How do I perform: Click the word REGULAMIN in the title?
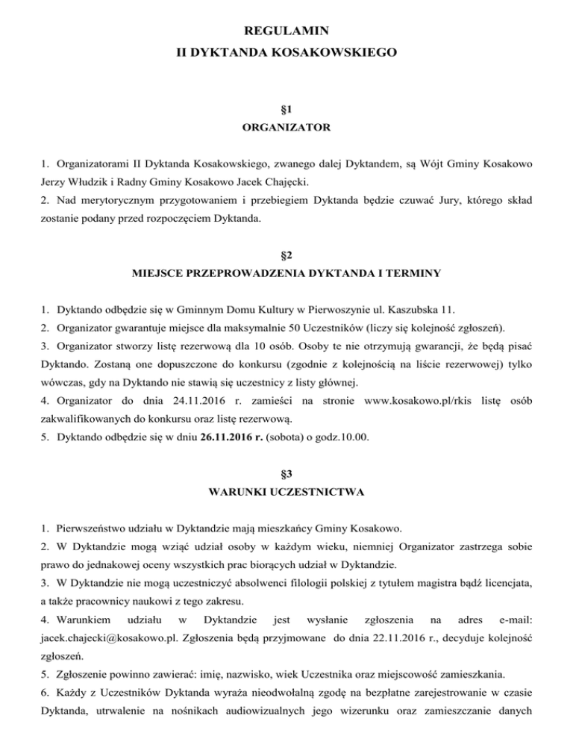click(286, 30)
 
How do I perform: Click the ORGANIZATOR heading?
click(286, 128)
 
